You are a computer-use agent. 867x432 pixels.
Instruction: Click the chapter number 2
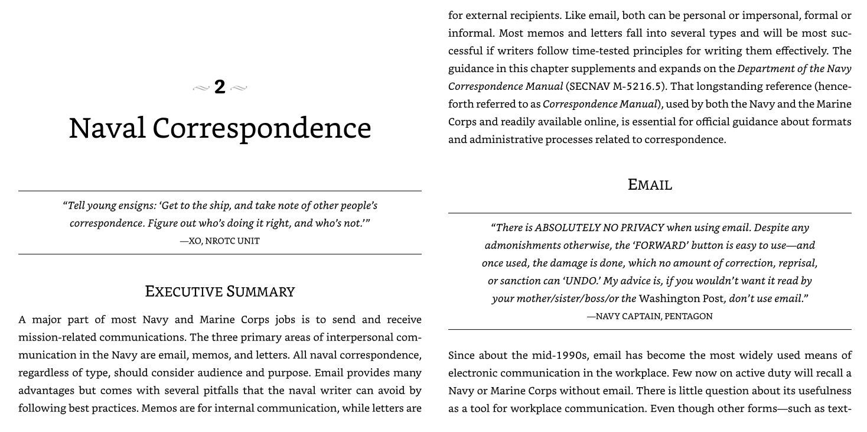220,87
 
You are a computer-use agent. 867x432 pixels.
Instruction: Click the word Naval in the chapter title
107,128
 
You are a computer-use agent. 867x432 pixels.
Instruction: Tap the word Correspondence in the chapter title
262,128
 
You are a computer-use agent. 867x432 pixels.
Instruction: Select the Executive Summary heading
220,291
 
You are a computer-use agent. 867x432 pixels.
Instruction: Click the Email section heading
650,185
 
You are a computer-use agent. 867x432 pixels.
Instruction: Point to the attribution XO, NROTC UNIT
220,241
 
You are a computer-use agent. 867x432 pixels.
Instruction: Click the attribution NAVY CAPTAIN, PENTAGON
650,316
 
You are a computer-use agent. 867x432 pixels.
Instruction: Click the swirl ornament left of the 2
201,89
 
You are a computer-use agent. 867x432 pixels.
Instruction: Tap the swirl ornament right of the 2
239,89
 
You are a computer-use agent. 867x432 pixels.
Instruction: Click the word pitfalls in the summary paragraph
240,391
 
